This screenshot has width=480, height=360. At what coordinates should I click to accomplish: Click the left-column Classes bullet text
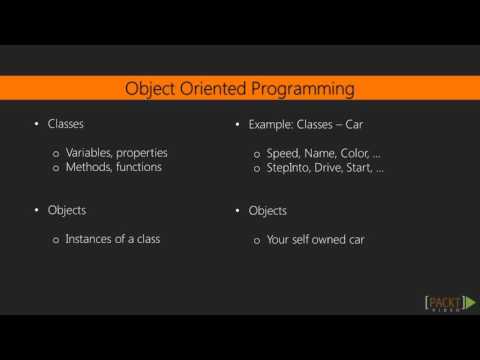coord(66,125)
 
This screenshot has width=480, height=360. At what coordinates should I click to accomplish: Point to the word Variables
coord(89,153)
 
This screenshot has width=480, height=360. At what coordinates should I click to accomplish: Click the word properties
coord(142,153)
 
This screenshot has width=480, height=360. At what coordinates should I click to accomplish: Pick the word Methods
coord(87,167)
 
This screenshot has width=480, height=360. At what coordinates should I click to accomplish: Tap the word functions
coord(138,167)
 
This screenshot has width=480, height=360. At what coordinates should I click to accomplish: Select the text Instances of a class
coord(111,240)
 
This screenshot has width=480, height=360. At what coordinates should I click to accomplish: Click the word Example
coord(269,125)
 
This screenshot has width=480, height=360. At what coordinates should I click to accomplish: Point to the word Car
coord(352,125)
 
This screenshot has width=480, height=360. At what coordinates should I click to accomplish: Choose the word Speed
coord(282,153)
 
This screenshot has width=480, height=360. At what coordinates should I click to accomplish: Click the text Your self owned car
coord(315,240)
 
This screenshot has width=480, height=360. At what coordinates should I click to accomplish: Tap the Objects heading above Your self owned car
coord(267,211)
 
